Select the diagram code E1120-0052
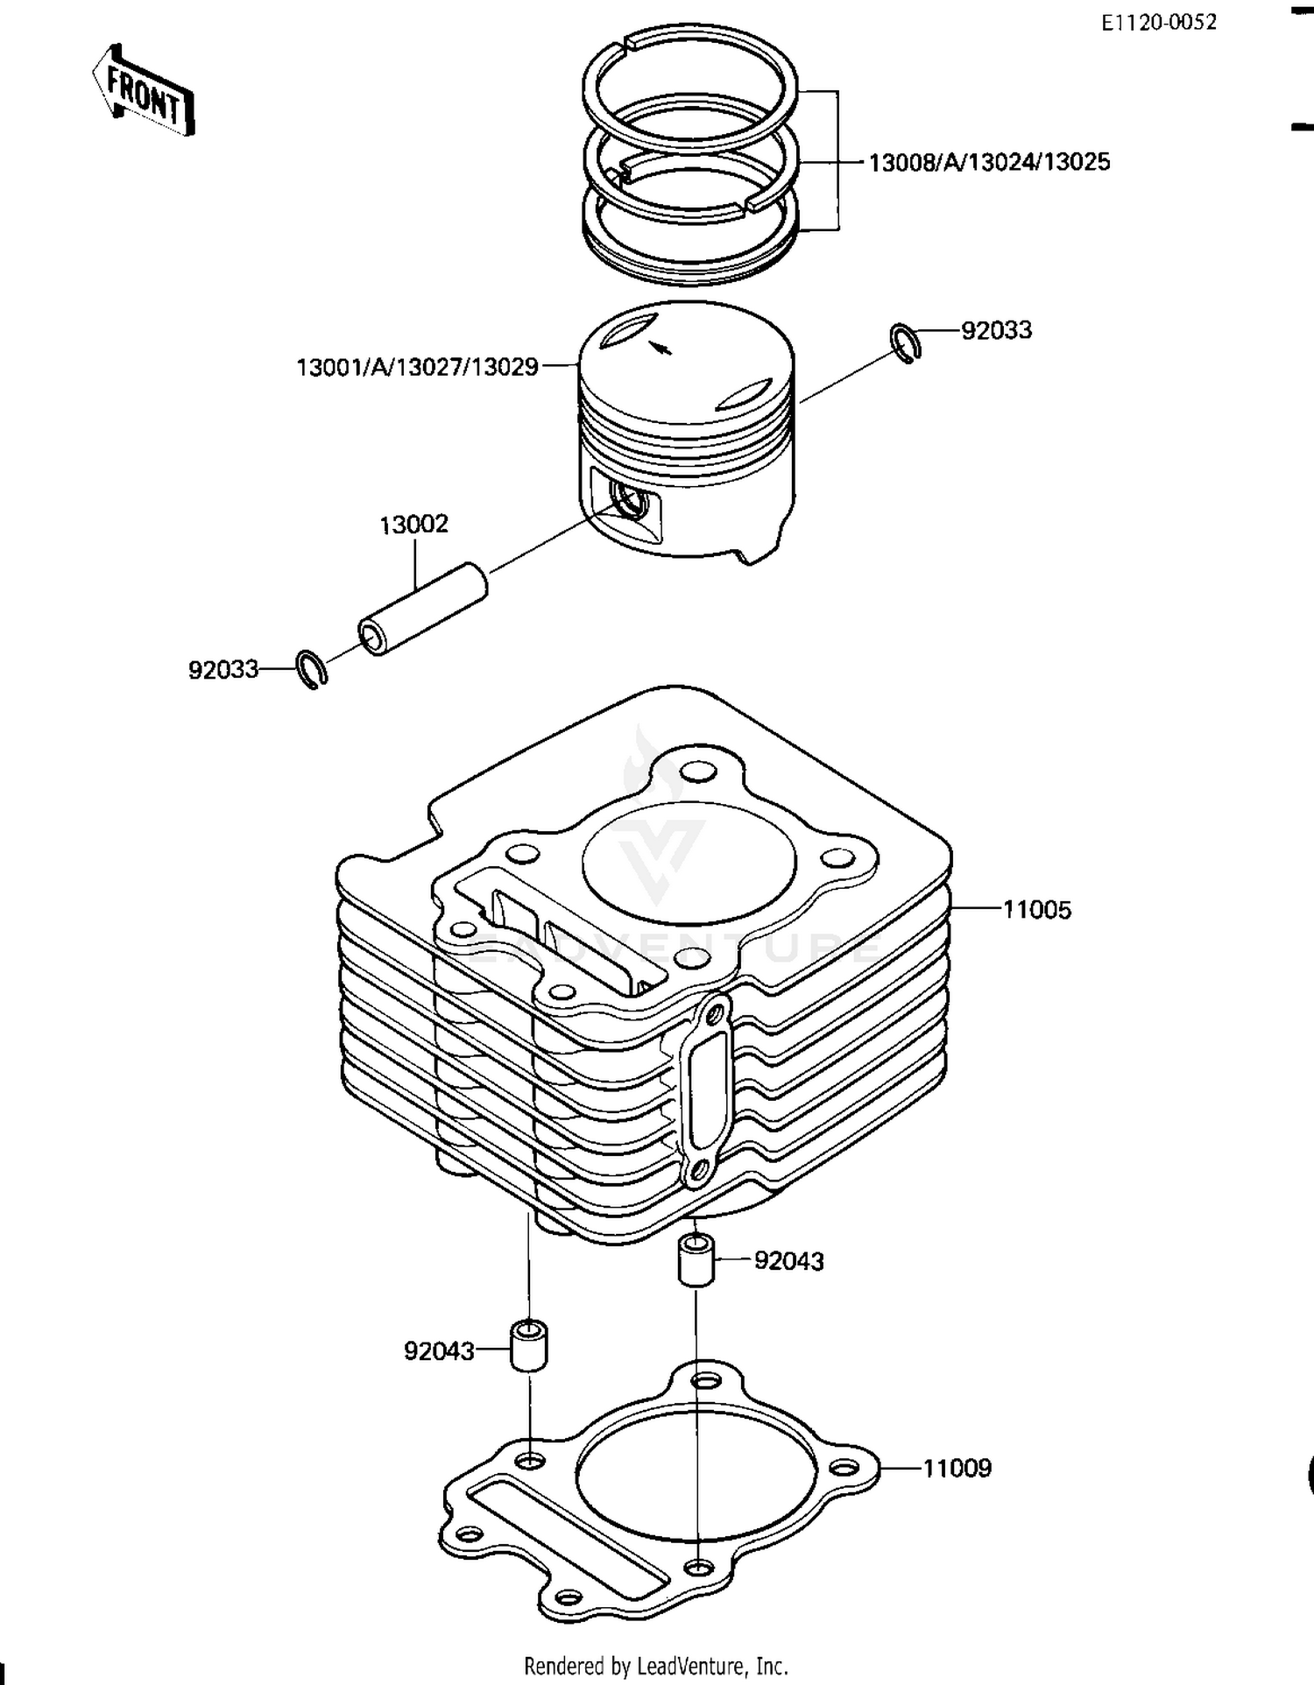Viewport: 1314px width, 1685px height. (x=1158, y=23)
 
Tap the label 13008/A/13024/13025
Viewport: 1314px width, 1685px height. (x=989, y=162)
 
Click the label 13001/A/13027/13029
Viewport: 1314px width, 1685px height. (x=418, y=367)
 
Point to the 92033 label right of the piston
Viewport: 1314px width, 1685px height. (x=996, y=330)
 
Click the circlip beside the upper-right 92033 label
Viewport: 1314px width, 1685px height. (x=906, y=342)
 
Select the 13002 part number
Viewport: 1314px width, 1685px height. (x=413, y=524)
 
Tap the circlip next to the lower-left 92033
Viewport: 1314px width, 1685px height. (x=311, y=670)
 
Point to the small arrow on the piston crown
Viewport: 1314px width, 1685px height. (x=660, y=347)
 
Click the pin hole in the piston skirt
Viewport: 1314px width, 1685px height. (x=629, y=500)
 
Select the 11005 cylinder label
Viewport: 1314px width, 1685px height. (x=1036, y=910)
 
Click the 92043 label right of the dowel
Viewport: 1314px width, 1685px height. (x=788, y=1261)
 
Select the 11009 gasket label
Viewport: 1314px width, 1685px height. (x=957, y=1469)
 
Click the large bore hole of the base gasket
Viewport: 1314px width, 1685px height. (x=696, y=1475)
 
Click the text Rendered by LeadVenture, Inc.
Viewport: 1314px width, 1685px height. (x=656, y=1666)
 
